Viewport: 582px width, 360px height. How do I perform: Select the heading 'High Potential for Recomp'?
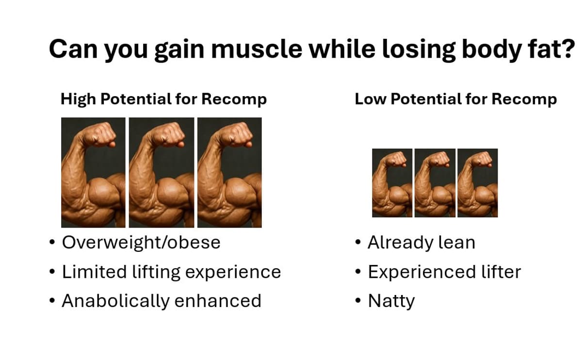163,99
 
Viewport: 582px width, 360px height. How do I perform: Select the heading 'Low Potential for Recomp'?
455,99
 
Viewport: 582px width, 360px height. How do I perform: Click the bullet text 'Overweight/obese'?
141,242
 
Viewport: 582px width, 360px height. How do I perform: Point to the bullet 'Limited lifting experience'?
171,272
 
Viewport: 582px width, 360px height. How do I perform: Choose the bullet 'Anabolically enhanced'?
162,301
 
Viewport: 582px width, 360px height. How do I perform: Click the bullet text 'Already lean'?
421,242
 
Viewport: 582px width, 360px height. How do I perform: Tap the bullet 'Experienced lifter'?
444,272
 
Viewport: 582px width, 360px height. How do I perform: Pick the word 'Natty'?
391,301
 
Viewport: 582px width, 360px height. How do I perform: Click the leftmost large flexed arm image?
93,172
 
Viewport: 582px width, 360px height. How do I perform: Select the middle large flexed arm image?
161,172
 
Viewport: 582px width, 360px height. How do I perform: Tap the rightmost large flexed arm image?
229,172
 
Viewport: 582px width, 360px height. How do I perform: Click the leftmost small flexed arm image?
392,183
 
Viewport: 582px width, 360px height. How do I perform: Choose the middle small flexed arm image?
435,183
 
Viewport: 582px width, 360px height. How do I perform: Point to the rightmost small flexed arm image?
477,183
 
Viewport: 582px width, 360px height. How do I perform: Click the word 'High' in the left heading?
78,99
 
